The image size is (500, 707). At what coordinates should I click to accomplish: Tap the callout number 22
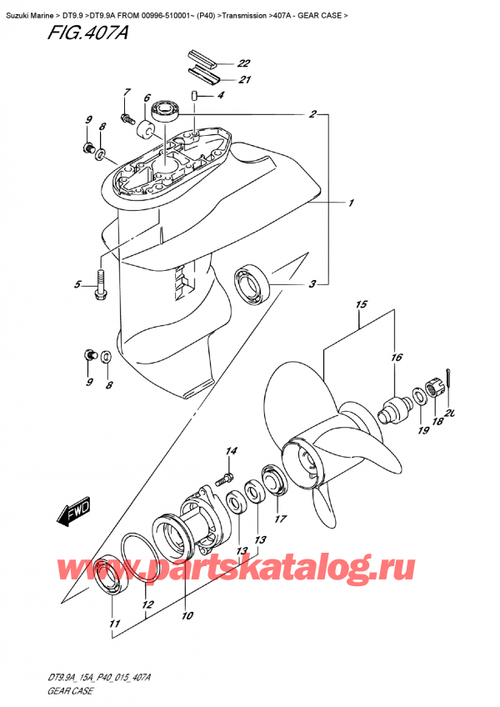[243, 63]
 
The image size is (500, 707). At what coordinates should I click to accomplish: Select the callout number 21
[243, 80]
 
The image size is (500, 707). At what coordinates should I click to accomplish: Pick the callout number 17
[281, 519]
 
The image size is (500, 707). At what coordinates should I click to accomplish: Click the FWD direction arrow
[74, 514]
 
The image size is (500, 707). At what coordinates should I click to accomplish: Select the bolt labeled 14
[222, 479]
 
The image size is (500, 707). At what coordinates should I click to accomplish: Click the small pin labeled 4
[193, 96]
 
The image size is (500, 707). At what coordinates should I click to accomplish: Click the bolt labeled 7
[128, 119]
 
